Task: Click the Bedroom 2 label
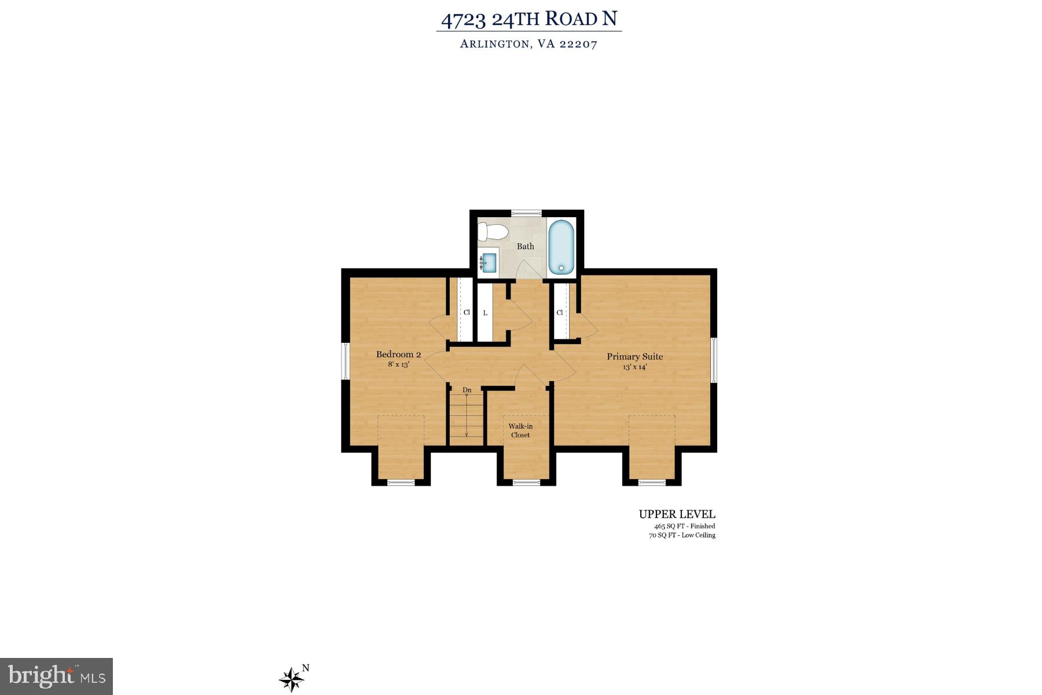coord(398,354)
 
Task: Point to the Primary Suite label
coord(634,357)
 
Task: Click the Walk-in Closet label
coord(520,430)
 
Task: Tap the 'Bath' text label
coord(526,246)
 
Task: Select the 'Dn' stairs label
coord(467,390)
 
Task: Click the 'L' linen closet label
coord(485,313)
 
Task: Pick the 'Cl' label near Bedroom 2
coord(467,313)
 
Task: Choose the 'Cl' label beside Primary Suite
coord(560,313)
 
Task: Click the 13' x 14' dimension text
coord(634,367)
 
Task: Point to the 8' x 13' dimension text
coord(398,365)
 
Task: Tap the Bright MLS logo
coord(56,676)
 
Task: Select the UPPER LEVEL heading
coord(677,514)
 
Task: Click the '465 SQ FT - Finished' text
coord(684,526)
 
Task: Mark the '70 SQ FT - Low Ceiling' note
coord(682,535)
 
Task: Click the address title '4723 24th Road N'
coord(529,19)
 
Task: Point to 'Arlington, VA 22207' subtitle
coord(529,44)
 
